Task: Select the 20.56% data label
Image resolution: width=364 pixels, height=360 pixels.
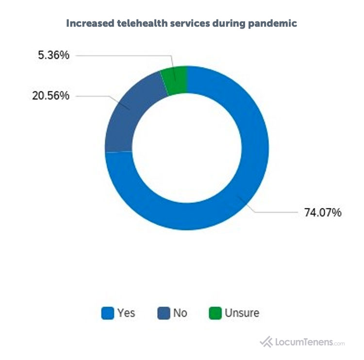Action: [x=50, y=96]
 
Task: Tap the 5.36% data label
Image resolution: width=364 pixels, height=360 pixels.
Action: [x=53, y=55]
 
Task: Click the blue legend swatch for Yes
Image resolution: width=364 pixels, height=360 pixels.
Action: [x=107, y=313]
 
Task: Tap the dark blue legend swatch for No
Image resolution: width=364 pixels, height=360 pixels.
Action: [x=164, y=313]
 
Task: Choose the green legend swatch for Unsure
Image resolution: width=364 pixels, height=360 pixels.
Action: [x=215, y=313]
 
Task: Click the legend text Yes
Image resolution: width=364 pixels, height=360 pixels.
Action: [x=126, y=313]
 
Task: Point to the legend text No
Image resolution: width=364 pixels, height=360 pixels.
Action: [x=180, y=313]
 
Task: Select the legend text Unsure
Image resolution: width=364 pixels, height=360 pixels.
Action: [x=242, y=313]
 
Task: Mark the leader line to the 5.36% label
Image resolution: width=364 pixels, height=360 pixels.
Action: [x=126, y=55]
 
